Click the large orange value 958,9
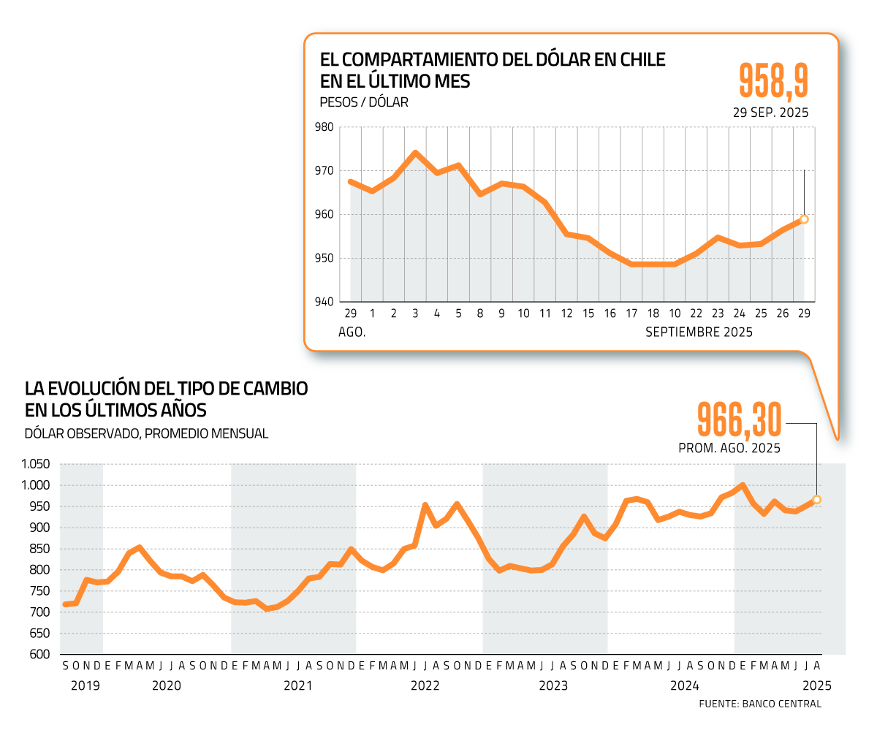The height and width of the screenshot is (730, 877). tap(774, 80)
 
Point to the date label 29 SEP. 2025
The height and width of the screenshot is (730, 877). tap(771, 113)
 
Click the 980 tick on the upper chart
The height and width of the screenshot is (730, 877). tap(324, 127)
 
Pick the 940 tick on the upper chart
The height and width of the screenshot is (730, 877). tap(324, 302)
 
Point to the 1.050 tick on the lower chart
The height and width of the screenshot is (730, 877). tap(35, 464)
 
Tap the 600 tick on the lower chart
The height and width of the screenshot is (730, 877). tap(39, 654)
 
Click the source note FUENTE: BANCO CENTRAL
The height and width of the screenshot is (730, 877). tap(760, 704)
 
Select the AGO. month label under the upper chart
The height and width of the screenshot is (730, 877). tap(352, 332)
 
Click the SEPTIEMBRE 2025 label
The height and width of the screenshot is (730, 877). tap(699, 332)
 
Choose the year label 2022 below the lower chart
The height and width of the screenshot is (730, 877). tap(425, 685)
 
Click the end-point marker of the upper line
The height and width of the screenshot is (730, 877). tap(804, 219)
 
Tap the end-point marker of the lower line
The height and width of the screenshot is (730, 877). tap(816, 500)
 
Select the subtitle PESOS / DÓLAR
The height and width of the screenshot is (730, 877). tap(364, 102)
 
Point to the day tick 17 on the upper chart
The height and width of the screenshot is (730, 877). tap(631, 313)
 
